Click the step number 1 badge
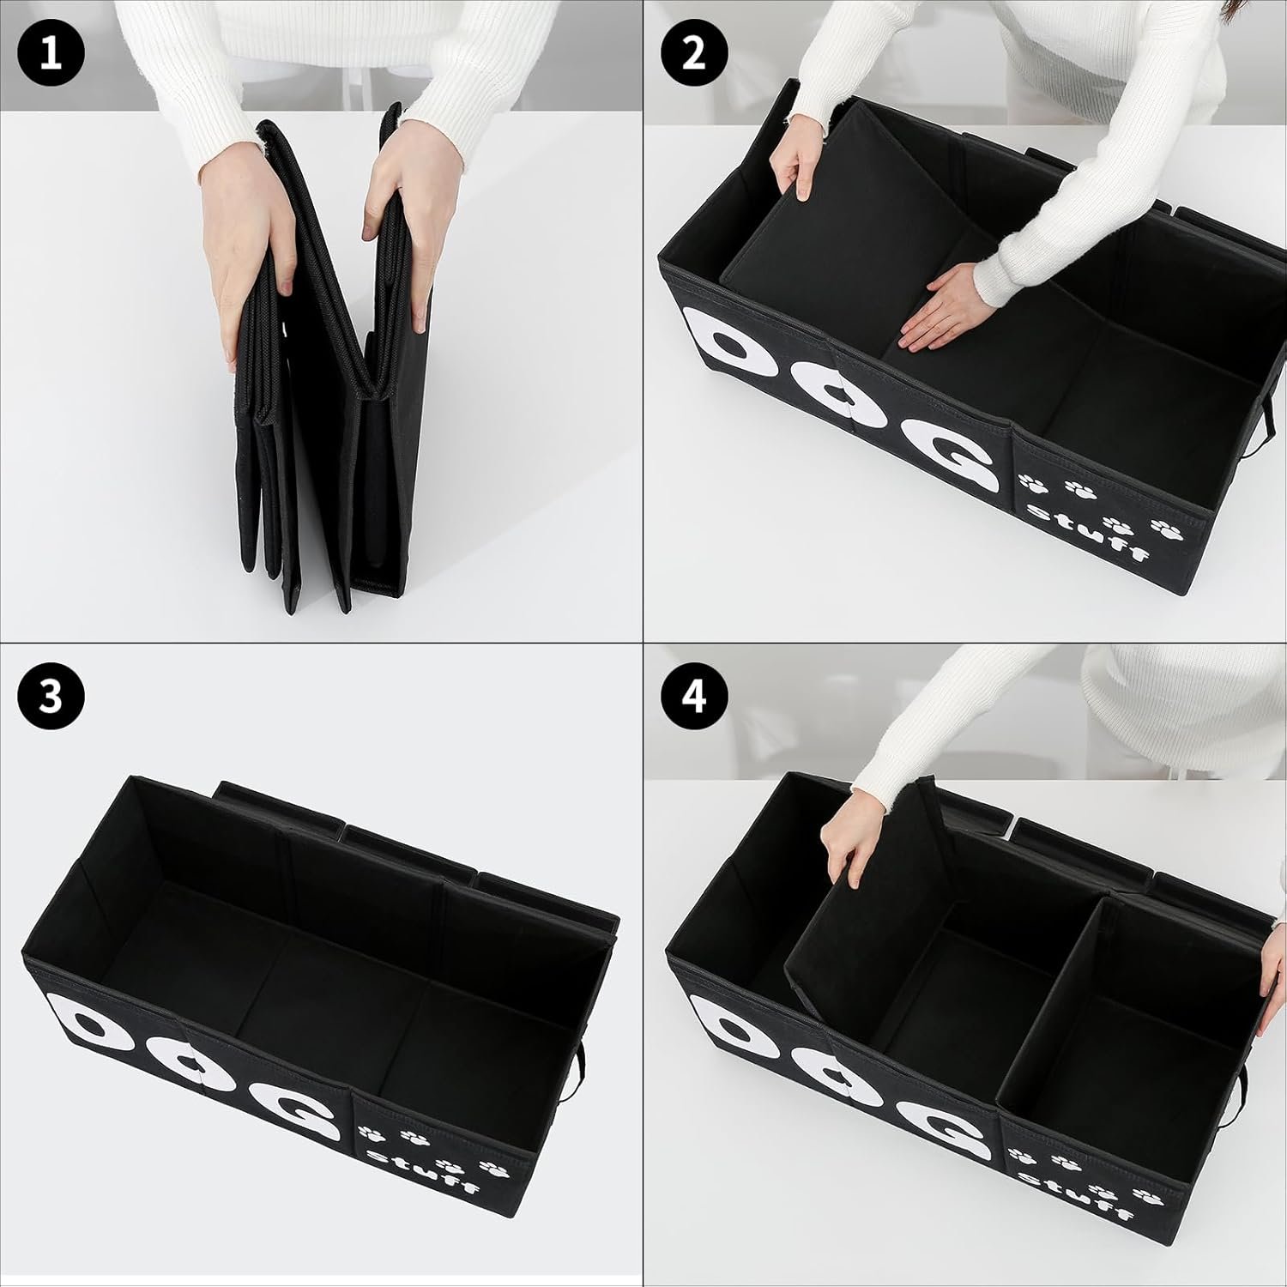pyautogui.click(x=51, y=51)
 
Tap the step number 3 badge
pyautogui.click(x=51, y=696)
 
